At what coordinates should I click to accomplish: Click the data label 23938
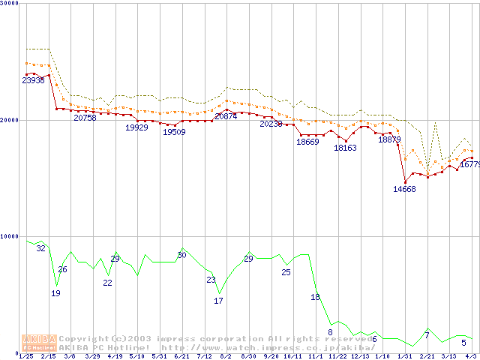[x=33, y=80]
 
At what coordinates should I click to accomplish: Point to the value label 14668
[x=404, y=189]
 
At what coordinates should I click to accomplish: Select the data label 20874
[x=226, y=116]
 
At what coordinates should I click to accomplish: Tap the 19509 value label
[x=174, y=132]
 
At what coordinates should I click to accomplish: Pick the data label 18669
[x=307, y=142]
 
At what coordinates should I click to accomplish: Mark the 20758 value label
[x=85, y=118]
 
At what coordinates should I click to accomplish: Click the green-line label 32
[x=40, y=248]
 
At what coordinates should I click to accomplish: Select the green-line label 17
[x=218, y=301]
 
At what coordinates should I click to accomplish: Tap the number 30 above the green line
[x=181, y=255]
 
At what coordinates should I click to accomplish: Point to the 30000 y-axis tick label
[x=10, y=4]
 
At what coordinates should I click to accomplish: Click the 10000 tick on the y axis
[x=10, y=236]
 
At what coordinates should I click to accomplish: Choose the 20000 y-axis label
[x=10, y=120]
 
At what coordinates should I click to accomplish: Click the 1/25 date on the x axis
[x=25, y=356]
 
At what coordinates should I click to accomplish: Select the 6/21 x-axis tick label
[x=181, y=356]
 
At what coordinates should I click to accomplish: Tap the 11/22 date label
[x=337, y=356]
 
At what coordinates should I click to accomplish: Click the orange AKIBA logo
[x=39, y=343]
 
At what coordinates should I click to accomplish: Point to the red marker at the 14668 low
[x=405, y=182]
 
